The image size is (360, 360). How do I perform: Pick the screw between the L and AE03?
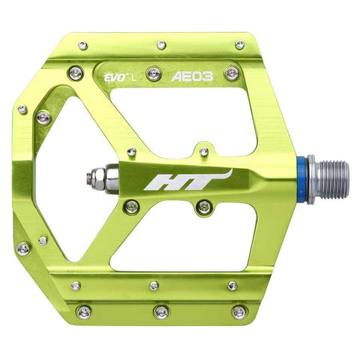154,73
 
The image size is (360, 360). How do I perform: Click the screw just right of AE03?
232,73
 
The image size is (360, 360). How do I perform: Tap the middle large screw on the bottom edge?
161,311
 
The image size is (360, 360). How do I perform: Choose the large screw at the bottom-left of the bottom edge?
84,310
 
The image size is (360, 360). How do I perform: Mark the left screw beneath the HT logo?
131,205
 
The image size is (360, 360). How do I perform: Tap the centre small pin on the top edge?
161,46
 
